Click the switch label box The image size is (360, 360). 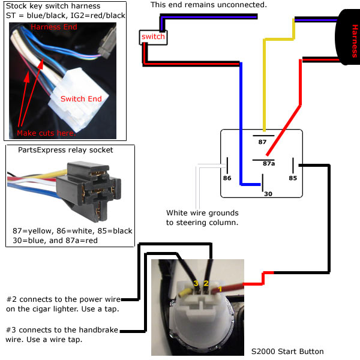click(x=152, y=37)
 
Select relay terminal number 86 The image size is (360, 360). click(x=227, y=179)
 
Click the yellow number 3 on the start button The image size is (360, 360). click(x=195, y=283)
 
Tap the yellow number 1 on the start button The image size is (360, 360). click(x=220, y=288)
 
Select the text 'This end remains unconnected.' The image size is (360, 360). click(x=209, y=5)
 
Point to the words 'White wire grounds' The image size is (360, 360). click(x=202, y=212)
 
